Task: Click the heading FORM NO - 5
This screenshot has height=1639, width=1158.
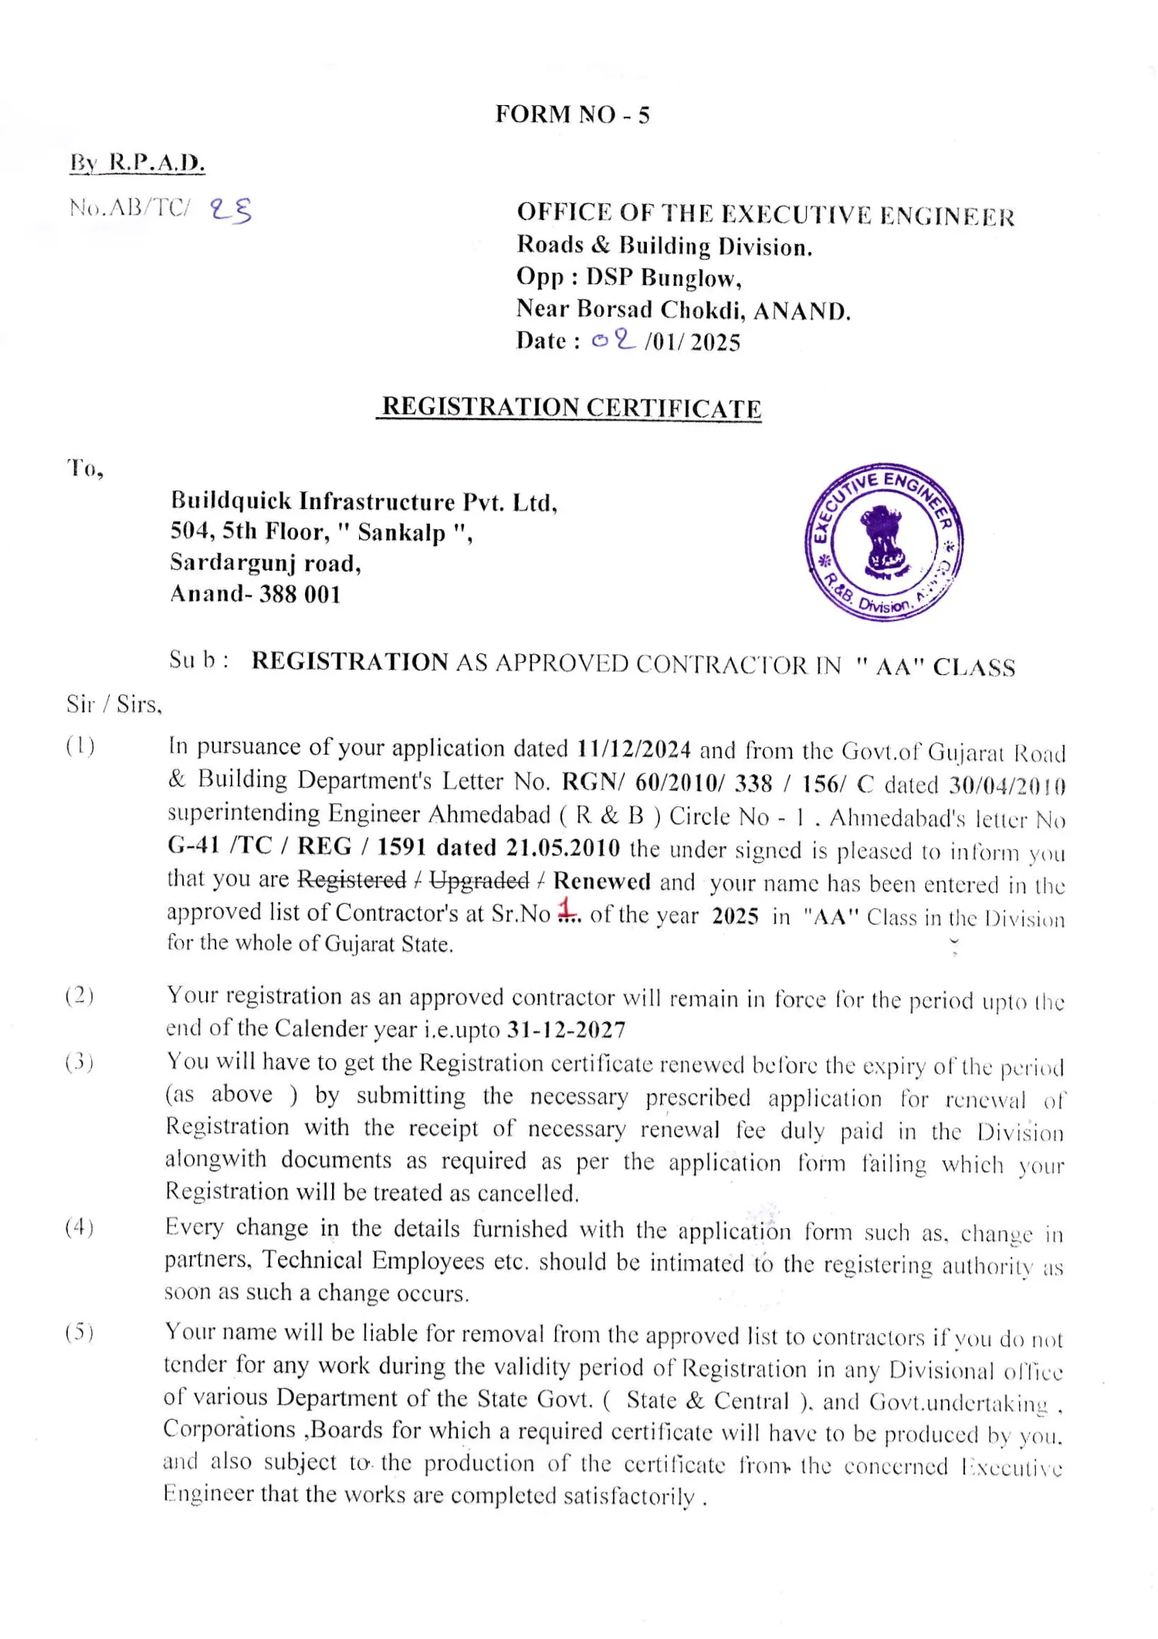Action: pyautogui.click(x=572, y=114)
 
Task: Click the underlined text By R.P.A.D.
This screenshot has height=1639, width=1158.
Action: pyautogui.click(x=137, y=163)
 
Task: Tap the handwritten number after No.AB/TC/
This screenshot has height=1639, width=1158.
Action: pyautogui.click(x=231, y=209)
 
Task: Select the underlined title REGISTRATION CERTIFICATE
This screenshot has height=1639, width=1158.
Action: pyautogui.click(x=571, y=407)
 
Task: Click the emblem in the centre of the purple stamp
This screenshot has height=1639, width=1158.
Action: pyautogui.click(x=882, y=542)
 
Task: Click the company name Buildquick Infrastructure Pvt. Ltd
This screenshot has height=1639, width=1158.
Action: pyautogui.click(x=363, y=502)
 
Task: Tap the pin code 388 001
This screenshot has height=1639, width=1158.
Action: pyautogui.click(x=300, y=594)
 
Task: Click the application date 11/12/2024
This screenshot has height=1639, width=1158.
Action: pyautogui.click(x=634, y=748)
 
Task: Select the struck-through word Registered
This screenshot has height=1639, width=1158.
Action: pyautogui.click(x=352, y=880)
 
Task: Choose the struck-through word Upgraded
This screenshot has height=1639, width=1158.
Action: pyautogui.click(x=479, y=881)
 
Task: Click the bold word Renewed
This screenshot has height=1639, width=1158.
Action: pyautogui.click(x=601, y=881)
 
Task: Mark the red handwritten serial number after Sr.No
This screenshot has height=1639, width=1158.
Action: pyautogui.click(x=567, y=908)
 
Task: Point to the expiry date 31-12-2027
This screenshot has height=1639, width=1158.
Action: pyautogui.click(x=566, y=1030)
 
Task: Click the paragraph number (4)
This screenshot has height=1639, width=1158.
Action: pyautogui.click(x=80, y=1227)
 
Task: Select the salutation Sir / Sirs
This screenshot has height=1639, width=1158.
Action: pyautogui.click(x=113, y=704)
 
